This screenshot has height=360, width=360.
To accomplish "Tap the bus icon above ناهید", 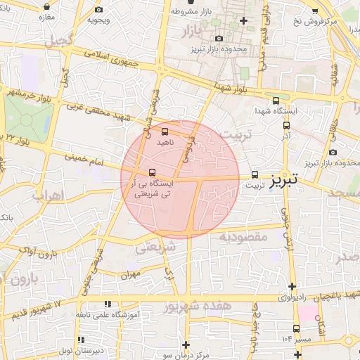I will pos(165,131).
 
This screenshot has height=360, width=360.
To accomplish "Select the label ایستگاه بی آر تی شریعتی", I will pos(150,186).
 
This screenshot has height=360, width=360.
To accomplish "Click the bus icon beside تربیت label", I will pos(255,174).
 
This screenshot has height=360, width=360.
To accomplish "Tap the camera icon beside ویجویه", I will pos(98,9).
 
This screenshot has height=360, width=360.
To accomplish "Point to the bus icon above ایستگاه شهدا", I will pos(275,101).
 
